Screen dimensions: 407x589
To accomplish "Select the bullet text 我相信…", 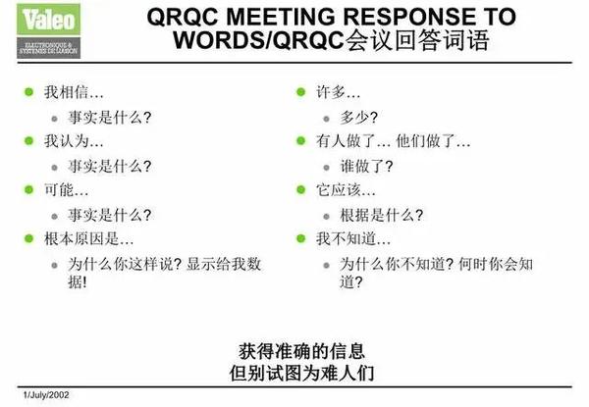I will click(x=67, y=92).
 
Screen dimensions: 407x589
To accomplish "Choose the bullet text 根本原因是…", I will click(x=89, y=238).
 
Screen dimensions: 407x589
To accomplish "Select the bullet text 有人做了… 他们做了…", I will click(x=389, y=141).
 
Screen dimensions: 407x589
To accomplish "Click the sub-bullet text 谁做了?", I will click(x=366, y=166).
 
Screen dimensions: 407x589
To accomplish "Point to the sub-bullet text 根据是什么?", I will click(x=381, y=215).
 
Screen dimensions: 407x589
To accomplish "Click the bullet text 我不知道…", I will click(x=352, y=238).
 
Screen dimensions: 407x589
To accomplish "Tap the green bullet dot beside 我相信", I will click(x=28, y=92).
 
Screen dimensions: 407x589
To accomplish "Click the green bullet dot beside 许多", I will click(x=300, y=92).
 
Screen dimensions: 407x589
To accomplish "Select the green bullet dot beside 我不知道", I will click(x=300, y=238).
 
